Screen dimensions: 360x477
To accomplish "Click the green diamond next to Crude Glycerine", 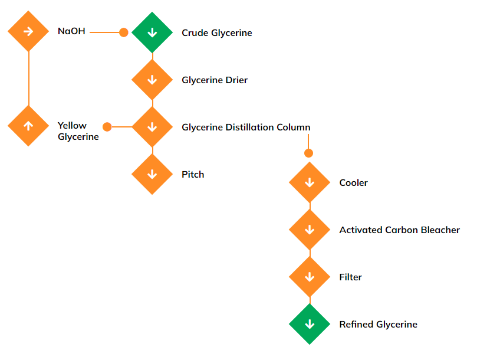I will (x=152, y=32).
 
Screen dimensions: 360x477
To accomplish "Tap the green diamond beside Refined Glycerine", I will (x=310, y=324).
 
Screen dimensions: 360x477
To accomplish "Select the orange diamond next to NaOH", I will (x=28, y=31).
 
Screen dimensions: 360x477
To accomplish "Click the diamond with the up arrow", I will (x=28, y=126).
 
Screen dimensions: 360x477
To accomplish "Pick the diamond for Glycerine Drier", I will (x=152, y=80).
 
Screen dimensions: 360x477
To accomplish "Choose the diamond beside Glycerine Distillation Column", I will (x=152, y=127).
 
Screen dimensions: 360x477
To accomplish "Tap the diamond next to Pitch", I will (x=152, y=174).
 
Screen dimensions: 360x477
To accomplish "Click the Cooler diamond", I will (x=310, y=182).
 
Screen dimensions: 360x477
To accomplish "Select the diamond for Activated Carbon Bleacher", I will (x=310, y=230).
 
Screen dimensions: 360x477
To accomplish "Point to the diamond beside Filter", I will (x=310, y=277).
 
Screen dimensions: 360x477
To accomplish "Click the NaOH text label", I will (x=71, y=31).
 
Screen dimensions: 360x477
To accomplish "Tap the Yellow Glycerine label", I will (x=78, y=131).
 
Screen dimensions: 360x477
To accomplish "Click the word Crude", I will (x=195, y=33).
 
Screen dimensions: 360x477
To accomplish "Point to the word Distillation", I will (x=254, y=127).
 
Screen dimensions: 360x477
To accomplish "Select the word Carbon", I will (x=403, y=230).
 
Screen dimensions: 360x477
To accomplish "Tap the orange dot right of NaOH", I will (x=124, y=32).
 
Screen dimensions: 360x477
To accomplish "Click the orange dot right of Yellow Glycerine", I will (x=107, y=127).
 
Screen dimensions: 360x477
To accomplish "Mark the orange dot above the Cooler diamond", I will (x=308, y=153).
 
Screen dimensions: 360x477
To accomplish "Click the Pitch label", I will (x=193, y=175).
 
